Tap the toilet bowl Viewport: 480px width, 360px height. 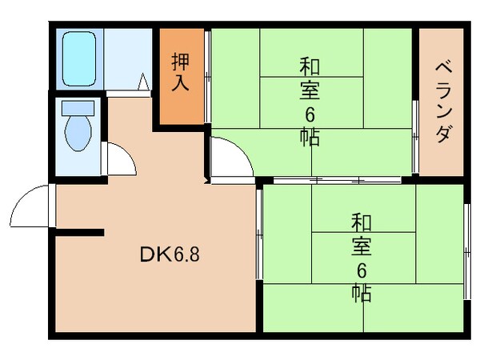click(78, 133)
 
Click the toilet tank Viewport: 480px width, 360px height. click(78, 107)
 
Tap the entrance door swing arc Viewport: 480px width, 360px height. click(30, 206)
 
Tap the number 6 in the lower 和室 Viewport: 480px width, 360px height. click(361, 269)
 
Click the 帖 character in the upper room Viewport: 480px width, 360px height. click(310, 137)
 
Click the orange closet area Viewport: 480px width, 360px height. click(181, 96)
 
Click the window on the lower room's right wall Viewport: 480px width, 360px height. click(467, 252)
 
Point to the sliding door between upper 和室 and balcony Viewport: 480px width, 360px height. click(415, 136)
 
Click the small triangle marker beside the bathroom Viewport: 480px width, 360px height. click(143, 82)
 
